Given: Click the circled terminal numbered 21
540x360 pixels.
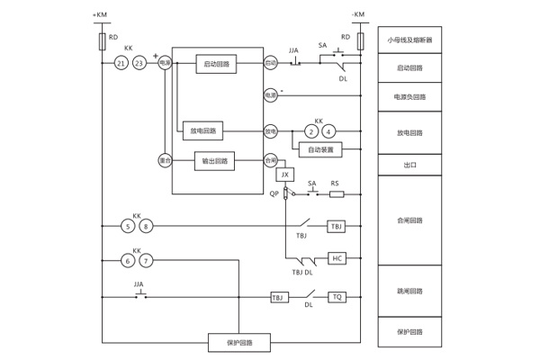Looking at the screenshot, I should coord(121,63).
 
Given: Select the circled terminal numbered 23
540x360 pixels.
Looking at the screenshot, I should coord(139,63).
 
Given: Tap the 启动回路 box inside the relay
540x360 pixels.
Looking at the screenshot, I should coord(215,63).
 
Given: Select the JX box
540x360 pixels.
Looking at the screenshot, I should coord(285,174).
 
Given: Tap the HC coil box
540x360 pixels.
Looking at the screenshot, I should coord(337,258).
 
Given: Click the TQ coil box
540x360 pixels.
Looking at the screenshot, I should coord(337,296).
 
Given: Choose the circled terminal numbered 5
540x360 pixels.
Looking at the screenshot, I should coord(129,226).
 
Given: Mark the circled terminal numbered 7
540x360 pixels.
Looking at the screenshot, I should coord(146,260).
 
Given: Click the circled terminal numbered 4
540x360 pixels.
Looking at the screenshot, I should coord(328,131).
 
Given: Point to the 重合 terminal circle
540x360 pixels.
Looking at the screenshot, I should coord(165,161).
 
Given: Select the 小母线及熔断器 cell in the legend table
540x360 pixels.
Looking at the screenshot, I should coord(409,40).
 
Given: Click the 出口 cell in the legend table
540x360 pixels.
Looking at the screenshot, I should coord(409,165).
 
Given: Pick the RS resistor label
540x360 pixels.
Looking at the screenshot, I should coord(335,184).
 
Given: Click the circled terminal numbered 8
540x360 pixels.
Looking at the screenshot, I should coord(146,226).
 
